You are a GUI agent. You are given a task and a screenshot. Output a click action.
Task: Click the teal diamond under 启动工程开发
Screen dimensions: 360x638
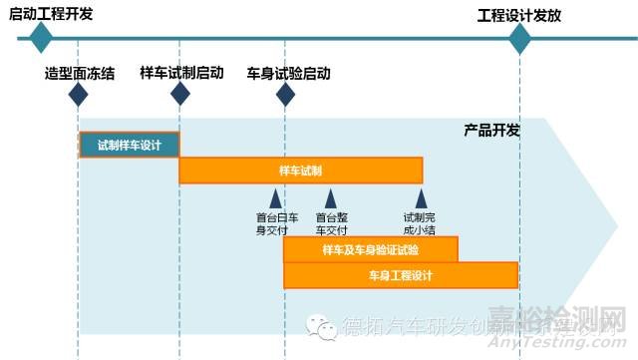[40, 39]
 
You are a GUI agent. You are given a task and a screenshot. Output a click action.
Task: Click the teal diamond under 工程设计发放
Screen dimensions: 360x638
[520, 39]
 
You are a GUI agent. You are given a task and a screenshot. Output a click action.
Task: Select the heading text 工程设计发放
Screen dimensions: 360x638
[519, 15]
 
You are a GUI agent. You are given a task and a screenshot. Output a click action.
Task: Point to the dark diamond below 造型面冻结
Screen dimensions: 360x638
[78, 95]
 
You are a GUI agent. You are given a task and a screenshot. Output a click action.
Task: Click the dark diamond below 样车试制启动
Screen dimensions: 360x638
[180, 95]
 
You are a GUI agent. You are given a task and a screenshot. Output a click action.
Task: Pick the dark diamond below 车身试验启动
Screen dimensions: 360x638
[285, 95]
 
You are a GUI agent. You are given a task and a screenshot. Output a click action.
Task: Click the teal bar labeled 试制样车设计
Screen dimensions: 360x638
[130, 145]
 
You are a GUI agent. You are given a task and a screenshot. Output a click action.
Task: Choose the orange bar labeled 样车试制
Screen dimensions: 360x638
[301, 171]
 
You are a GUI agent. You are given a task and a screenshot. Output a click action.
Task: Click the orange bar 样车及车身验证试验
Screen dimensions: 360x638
[371, 248]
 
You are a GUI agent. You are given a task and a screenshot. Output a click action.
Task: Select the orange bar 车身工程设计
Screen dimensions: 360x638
[401, 274]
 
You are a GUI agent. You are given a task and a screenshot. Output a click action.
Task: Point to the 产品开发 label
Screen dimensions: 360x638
[491, 131]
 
